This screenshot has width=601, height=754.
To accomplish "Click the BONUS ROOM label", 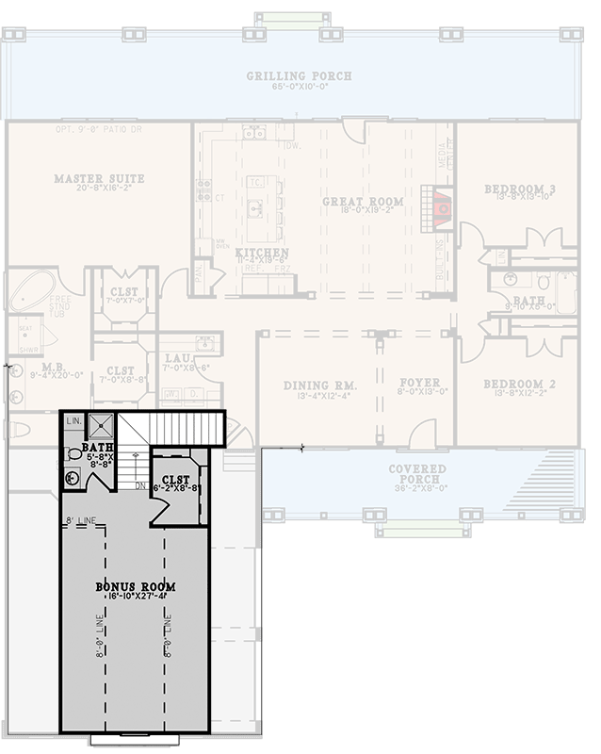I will (x=136, y=586).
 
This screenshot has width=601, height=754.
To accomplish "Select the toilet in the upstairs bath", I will (x=74, y=453).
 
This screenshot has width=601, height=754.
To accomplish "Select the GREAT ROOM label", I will (x=363, y=202).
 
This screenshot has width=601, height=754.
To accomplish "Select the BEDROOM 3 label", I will (x=519, y=189).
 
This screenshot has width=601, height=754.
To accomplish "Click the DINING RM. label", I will (x=320, y=385).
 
